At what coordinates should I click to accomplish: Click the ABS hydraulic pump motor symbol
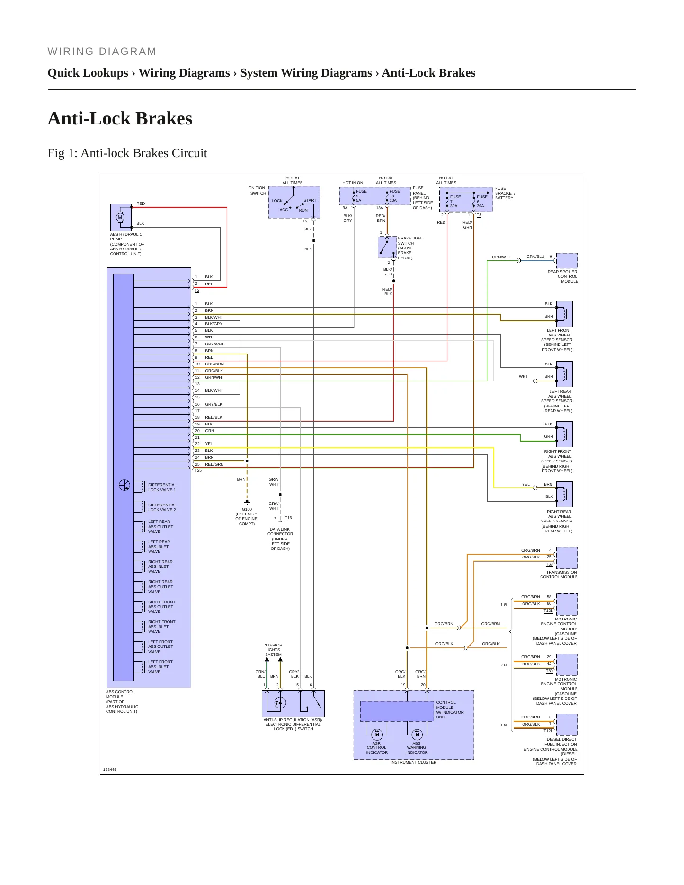click(x=120, y=218)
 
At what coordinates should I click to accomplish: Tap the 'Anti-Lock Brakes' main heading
click(x=120, y=118)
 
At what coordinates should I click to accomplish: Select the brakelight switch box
click(x=387, y=247)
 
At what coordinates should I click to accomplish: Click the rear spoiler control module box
click(x=567, y=261)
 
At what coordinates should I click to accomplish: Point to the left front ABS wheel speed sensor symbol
click(x=564, y=314)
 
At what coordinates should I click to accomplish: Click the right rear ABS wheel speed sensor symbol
click(x=564, y=494)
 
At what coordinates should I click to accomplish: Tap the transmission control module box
click(x=567, y=558)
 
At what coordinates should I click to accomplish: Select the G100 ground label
click(x=247, y=509)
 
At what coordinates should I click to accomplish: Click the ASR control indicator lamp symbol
click(x=377, y=735)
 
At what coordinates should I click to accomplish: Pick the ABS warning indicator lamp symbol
click(x=417, y=735)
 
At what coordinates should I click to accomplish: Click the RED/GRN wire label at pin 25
click(x=214, y=464)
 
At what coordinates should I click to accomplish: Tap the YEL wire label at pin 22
click(x=209, y=444)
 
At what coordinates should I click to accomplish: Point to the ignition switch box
click(x=294, y=202)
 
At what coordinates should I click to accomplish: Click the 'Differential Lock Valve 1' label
click(x=162, y=487)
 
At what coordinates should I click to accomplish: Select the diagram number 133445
click(x=110, y=770)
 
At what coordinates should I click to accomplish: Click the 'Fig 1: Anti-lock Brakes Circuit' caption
click(x=127, y=153)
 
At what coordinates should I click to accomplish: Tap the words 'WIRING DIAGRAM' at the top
click(x=102, y=52)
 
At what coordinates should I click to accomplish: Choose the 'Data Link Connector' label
click(x=280, y=531)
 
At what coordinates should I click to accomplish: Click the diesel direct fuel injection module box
click(x=567, y=725)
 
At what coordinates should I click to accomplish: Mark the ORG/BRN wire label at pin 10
click(x=214, y=364)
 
